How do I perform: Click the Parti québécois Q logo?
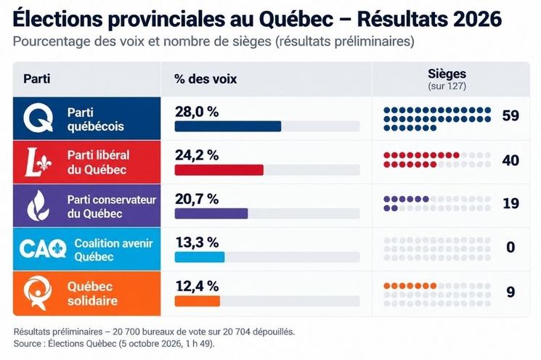tap(38, 118)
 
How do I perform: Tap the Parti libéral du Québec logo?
tap(38, 162)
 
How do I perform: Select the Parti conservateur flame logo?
tap(38, 205)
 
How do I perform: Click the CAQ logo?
tap(43, 248)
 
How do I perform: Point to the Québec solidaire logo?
tap(37, 292)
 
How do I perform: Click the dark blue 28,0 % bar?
tap(228, 126)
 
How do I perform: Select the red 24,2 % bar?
tap(219, 170)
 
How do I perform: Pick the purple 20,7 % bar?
tap(211, 213)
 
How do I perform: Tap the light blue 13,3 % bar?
tap(200, 257)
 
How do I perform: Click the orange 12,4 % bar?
tap(198, 300)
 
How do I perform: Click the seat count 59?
tap(511, 115)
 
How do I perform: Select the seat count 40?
tap(511, 160)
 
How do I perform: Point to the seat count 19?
tap(511, 203)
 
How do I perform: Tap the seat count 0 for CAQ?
tap(511, 247)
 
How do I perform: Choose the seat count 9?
tap(511, 292)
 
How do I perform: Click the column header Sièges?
tap(447, 73)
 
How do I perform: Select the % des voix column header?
tap(206, 79)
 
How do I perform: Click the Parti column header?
tap(37, 78)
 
